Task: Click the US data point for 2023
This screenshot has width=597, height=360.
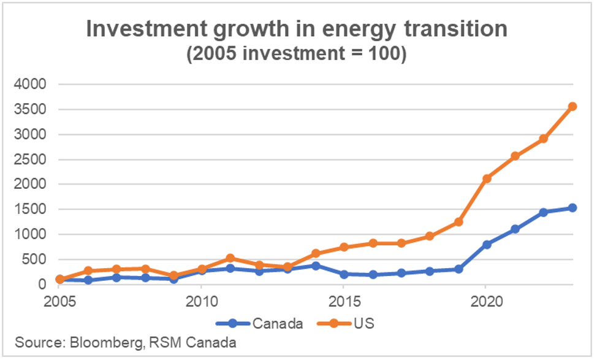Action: point(572,107)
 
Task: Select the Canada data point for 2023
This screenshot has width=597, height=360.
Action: point(572,208)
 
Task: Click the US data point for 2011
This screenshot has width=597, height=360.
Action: point(230,258)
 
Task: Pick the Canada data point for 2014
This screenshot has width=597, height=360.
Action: point(316,266)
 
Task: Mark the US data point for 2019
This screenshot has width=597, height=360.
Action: point(458,222)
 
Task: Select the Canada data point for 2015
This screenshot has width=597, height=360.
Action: point(344,274)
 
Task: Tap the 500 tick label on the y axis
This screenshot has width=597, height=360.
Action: point(34,259)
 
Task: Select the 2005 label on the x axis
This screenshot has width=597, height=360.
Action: point(59,302)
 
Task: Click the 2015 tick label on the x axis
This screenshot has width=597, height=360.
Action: point(344,302)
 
